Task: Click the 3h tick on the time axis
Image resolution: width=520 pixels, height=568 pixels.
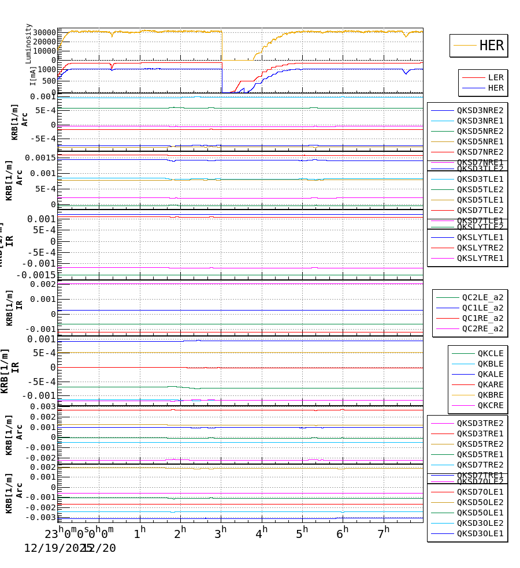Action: [221, 530]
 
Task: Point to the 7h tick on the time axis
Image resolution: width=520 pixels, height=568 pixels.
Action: [384, 530]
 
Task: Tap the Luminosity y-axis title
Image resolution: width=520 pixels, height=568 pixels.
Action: [28, 43]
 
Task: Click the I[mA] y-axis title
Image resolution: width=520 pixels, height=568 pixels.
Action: [33, 76]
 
